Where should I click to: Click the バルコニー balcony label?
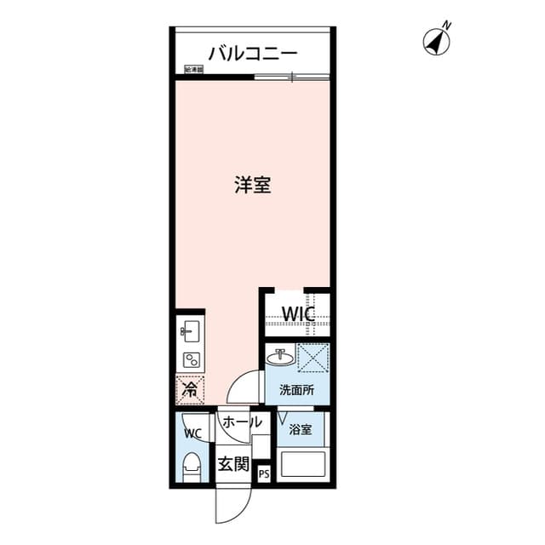tap(253, 53)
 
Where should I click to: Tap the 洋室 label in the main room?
tap(253, 184)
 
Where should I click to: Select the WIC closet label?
tap(299, 314)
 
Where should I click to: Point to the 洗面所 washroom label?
tap(296, 391)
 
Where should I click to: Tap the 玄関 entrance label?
tap(232, 465)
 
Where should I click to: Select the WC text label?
tap(192, 433)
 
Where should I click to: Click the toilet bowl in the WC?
tap(193, 468)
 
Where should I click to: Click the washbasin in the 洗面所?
tap(278, 357)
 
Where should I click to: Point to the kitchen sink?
tap(189, 330)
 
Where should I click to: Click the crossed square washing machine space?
tap(313, 357)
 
